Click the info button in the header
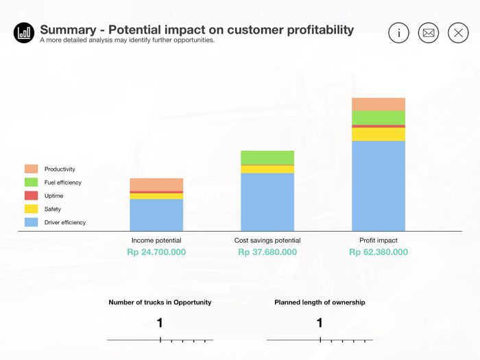click(x=398, y=33)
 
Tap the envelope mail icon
click(x=429, y=33)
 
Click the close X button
click(x=458, y=33)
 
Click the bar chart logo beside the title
click(x=24, y=32)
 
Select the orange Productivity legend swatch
click(x=32, y=169)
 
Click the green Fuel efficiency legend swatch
click(x=32, y=182)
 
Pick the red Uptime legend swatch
click(x=32, y=195)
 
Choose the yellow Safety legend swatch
click(x=32, y=209)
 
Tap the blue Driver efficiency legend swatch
click(x=32, y=222)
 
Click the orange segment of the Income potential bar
click(x=156, y=184)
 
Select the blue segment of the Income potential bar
click(x=156, y=215)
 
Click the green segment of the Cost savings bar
click(x=267, y=158)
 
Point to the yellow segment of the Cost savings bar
click(x=267, y=169)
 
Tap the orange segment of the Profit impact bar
click(x=379, y=104)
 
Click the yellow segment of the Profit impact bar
click(x=379, y=134)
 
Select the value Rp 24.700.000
click(x=156, y=252)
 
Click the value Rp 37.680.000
click(x=267, y=252)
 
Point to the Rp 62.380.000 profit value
click(x=379, y=252)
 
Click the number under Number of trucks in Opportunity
click(x=160, y=323)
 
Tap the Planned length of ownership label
click(x=320, y=302)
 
